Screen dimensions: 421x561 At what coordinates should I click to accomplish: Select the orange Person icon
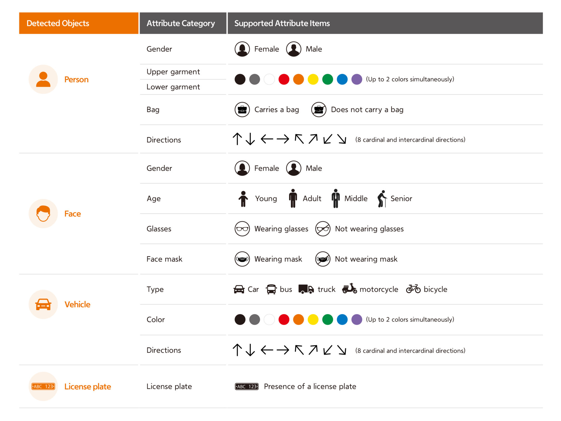(x=43, y=79)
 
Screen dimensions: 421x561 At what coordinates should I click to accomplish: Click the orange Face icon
(x=43, y=214)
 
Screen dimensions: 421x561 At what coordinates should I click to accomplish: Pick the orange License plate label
(x=88, y=387)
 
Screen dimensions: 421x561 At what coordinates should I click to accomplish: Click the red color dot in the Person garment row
(x=284, y=79)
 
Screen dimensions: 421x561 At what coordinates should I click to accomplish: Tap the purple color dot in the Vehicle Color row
(x=357, y=320)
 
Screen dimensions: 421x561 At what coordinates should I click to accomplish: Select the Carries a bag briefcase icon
(x=242, y=110)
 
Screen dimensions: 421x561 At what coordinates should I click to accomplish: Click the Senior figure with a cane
(x=382, y=199)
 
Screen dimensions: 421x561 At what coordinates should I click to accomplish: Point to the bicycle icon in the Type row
(x=413, y=289)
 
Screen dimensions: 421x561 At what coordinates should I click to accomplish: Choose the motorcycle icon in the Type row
(x=349, y=288)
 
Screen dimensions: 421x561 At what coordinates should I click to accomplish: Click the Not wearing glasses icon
(x=323, y=229)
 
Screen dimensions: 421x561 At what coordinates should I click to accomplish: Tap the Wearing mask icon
(x=242, y=259)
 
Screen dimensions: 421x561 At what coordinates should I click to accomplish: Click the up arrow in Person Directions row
(x=237, y=139)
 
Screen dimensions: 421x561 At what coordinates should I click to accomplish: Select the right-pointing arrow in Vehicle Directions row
(x=283, y=350)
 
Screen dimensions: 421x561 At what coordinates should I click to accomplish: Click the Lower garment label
(x=173, y=87)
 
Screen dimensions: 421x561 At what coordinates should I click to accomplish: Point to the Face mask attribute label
(x=164, y=259)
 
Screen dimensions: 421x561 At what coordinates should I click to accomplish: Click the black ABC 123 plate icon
(x=247, y=387)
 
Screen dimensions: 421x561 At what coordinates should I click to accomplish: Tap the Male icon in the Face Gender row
(x=294, y=168)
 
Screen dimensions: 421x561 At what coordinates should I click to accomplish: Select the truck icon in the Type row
(x=306, y=289)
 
